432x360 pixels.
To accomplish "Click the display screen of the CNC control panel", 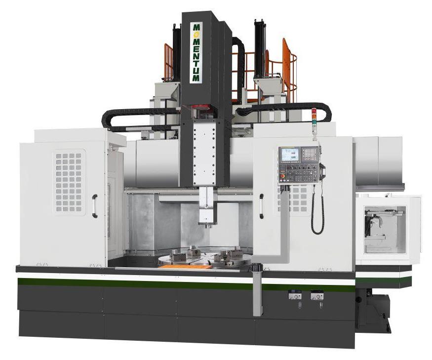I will pyautogui.click(x=289, y=155).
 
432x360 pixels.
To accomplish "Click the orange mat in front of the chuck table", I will pyautogui.click(x=185, y=267).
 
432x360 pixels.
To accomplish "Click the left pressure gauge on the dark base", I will pyautogui.click(x=295, y=296).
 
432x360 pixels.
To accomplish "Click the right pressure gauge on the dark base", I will pyautogui.click(x=317, y=296).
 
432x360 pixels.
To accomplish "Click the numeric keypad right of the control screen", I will pyautogui.click(x=310, y=154).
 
